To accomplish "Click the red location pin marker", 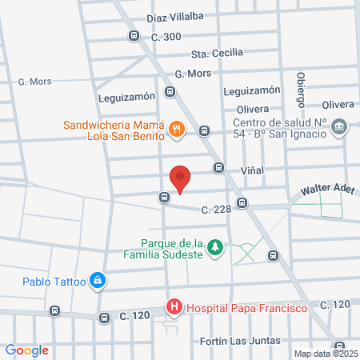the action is [180, 178].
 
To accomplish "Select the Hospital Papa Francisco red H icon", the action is [173, 306].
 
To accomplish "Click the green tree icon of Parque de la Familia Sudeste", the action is [214, 248].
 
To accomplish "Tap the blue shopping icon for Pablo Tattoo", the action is [97, 280].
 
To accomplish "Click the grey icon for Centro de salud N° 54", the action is [338, 126].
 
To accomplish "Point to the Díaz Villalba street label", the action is [175, 15].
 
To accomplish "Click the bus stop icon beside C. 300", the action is [134, 36].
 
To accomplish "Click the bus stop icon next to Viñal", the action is [218, 168].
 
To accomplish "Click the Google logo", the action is [27, 350].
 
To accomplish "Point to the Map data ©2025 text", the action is [326, 353].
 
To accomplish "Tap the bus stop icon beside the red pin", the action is [164, 196].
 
